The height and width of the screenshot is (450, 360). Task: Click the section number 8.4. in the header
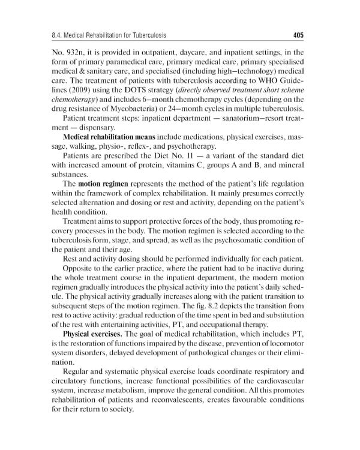tap(61, 35)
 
